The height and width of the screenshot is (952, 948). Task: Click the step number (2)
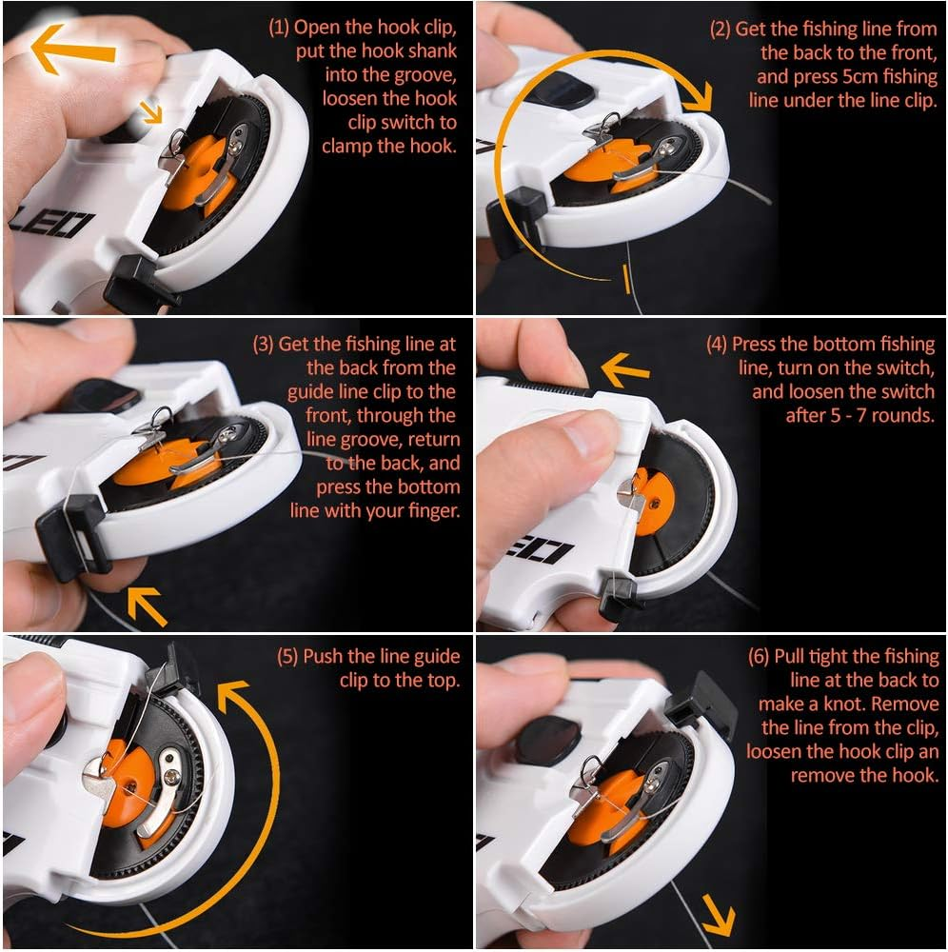[x=721, y=29]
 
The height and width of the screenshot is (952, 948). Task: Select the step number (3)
[x=264, y=344]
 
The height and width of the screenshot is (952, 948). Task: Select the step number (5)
[x=288, y=656]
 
